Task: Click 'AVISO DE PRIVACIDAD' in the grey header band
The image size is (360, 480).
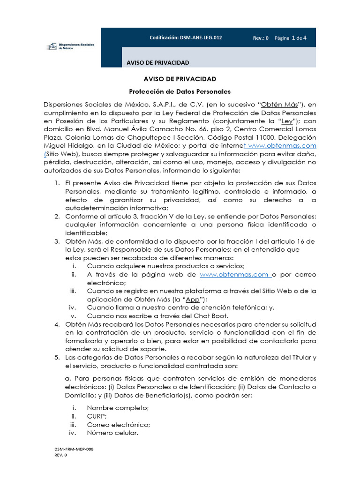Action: coord(158,62)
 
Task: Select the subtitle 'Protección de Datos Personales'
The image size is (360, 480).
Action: coord(180,91)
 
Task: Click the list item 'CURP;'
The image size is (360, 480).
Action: coord(97,416)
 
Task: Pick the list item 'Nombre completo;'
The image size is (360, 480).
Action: coord(118,408)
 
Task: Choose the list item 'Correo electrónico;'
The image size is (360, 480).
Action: coord(118,425)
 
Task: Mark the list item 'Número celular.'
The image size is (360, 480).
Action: coord(112,433)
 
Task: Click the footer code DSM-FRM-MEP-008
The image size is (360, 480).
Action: coord(74,449)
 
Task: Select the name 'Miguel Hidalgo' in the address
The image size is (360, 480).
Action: coord(66,145)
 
